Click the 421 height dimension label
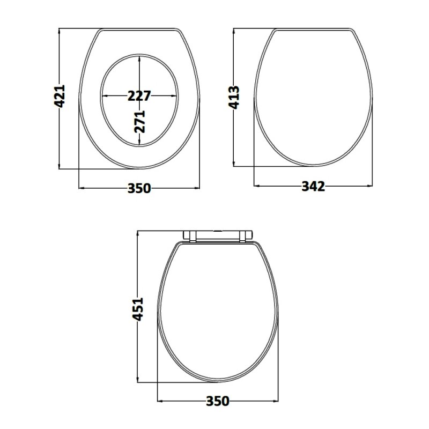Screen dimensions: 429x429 [60, 96]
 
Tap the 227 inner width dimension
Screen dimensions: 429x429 [139, 96]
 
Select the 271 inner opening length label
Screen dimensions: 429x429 [139, 122]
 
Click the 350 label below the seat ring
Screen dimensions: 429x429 [139, 188]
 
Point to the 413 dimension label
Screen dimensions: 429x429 [234, 98]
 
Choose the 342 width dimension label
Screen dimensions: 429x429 [313, 186]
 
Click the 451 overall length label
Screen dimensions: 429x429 [138, 309]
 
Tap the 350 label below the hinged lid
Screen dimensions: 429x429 [218, 401]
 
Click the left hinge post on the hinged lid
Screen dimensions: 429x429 [193, 236]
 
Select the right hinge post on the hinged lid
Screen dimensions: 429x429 [242, 236]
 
